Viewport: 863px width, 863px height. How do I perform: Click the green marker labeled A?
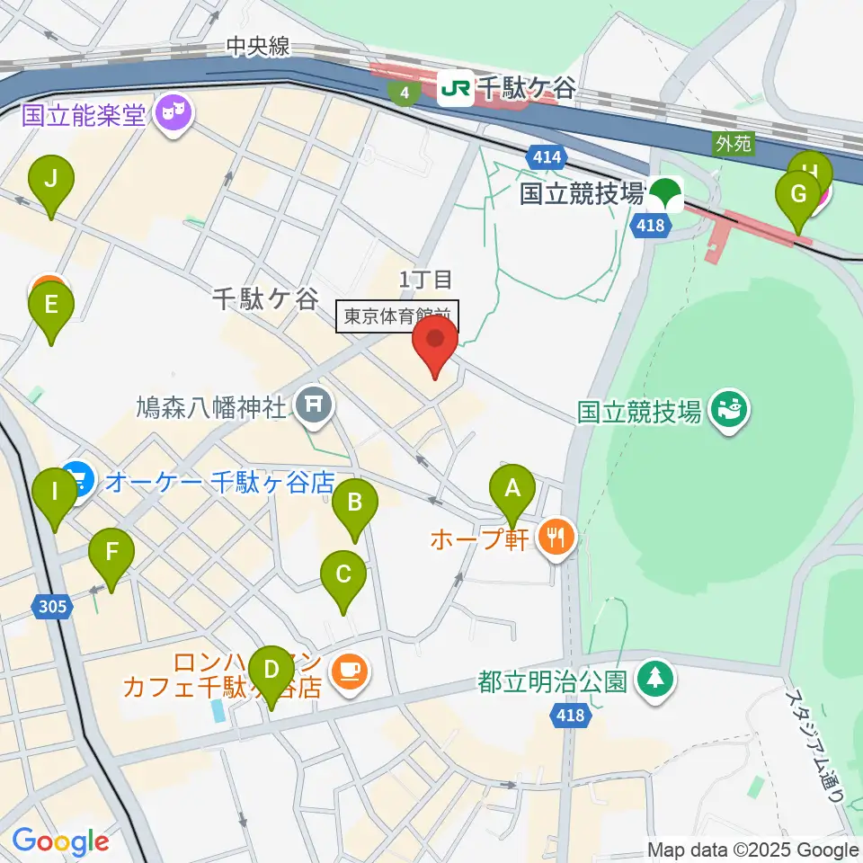512,491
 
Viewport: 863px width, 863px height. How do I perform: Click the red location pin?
435,342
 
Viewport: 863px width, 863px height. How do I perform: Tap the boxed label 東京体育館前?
397,316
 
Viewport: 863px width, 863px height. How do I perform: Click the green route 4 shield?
406,92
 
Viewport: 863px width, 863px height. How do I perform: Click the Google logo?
60,841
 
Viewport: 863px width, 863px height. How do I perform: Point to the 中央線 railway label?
258,47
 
